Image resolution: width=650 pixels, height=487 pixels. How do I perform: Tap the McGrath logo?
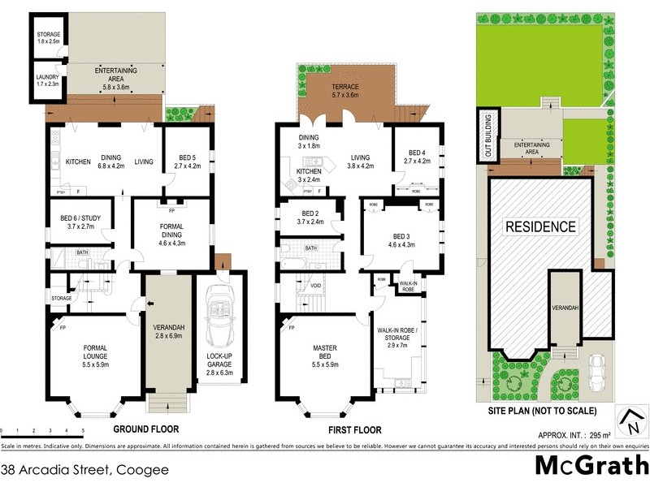pyautogui.click(x=591, y=467)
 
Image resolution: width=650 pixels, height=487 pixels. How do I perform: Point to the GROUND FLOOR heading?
pyautogui.click(x=145, y=429)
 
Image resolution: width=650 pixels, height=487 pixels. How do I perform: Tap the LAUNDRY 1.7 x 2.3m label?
pyautogui.click(x=46, y=80)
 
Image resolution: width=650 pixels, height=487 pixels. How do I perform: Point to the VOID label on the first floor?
pyautogui.click(x=315, y=285)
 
